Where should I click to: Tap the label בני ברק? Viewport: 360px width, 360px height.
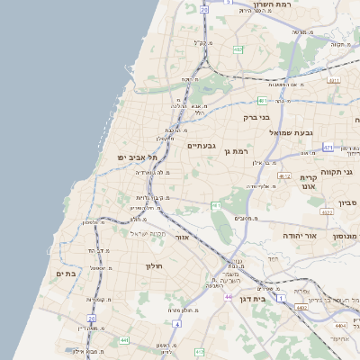(256, 117)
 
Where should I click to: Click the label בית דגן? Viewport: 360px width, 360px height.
(251, 298)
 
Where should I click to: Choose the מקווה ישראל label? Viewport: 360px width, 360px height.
(138, 233)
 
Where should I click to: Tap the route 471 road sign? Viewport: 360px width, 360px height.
(329, 148)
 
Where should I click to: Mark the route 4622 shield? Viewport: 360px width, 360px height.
(327, 212)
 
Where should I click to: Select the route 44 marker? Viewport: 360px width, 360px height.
(229, 296)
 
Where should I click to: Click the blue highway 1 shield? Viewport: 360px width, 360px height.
(281, 297)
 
